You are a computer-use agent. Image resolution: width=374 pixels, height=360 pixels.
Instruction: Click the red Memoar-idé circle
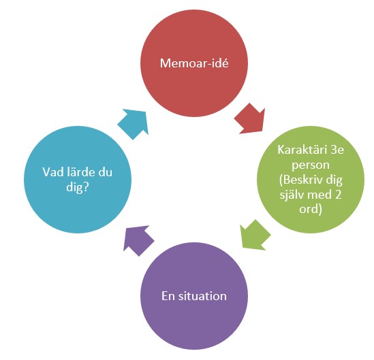tap(194, 63)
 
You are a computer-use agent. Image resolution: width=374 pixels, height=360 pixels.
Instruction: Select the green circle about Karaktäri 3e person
tap(311, 180)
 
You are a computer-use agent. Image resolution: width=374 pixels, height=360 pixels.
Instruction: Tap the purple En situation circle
tap(194, 296)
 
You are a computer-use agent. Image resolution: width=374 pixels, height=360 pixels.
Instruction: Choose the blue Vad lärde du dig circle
tap(78, 180)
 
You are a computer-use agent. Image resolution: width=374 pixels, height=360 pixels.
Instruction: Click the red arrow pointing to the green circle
tap(251, 119)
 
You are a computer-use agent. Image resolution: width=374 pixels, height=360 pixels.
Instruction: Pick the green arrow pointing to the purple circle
tap(255, 235)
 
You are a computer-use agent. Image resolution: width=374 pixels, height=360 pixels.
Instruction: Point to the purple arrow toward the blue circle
tap(138, 240)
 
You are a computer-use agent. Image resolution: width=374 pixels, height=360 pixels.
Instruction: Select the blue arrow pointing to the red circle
tap(134, 124)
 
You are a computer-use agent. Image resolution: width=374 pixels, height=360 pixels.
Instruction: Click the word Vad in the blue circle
tap(52, 172)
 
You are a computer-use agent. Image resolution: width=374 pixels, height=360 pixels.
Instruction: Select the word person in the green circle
tap(311, 165)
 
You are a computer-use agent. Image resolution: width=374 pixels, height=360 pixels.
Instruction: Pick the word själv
tap(292, 195)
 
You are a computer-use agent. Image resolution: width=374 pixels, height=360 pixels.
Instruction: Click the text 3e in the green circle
tap(337, 150)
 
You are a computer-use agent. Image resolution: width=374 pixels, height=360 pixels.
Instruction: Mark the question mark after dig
tap(86, 187)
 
